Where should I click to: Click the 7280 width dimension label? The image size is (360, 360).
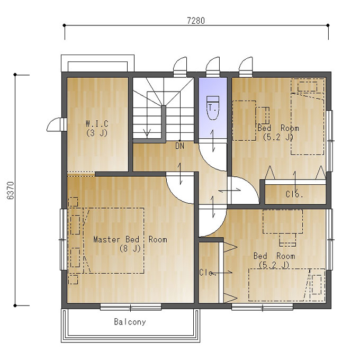pos(196,21)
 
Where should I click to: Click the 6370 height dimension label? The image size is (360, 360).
pos(11,191)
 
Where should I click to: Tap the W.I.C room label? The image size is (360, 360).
pos(97,124)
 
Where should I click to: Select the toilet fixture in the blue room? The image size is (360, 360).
pos(213,108)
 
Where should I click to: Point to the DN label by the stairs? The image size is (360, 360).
pos(179,146)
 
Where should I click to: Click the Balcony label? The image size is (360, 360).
pos(130,322)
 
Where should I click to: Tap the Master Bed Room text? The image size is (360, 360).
pos(130,239)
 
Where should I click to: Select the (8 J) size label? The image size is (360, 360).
pos(130,248)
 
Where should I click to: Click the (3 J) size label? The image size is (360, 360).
pos(97,133)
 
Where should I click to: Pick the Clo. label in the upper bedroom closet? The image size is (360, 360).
pos(294,194)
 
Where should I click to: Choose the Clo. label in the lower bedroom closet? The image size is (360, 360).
pos(208,273)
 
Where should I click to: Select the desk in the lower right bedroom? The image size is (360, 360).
pos(283,221)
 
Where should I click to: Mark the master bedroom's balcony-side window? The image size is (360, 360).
pos(131,307)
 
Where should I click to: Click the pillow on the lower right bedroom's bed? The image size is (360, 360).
pos(317,285)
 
